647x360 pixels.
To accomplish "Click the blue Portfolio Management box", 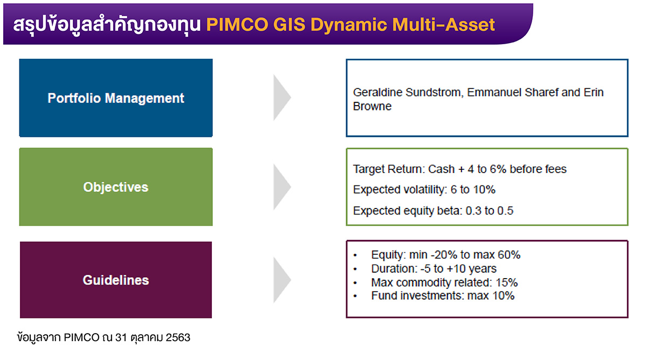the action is pyautogui.click(x=116, y=98).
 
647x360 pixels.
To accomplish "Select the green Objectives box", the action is pyautogui.click(x=116, y=187).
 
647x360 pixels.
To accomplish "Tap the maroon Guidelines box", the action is pyautogui.click(x=116, y=280).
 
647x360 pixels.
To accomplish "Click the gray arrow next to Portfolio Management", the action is pyautogui.click(x=282, y=98).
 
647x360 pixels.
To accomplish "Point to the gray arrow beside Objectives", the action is pyautogui.click(x=282, y=187).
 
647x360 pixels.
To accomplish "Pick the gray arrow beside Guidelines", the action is pyautogui.click(x=282, y=280).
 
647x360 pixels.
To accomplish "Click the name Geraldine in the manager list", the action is pyautogui.click(x=378, y=93).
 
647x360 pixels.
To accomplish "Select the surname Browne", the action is pyautogui.click(x=373, y=106).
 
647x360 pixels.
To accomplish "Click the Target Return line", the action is pyautogui.click(x=460, y=169).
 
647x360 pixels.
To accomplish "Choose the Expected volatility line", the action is pyautogui.click(x=424, y=190).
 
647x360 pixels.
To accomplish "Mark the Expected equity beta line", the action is pyautogui.click(x=433, y=211).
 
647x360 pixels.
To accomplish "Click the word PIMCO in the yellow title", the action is pyautogui.click(x=237, y=25).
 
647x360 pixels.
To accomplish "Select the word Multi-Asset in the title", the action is pyautogui.click(x=444, y=25).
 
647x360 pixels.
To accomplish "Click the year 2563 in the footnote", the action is pyautogui.click(x=178, y=337).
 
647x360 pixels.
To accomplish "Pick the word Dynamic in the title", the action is pyautogui.click(x=349, y=25).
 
